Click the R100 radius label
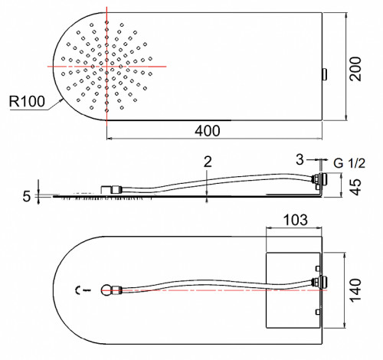click(27, 101)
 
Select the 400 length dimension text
click(208, 131)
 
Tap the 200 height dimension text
click(355, 69)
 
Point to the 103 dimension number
click(296, 220)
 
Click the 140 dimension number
click(355, 290)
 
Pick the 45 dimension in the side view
click(355, 187)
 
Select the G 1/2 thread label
click(349, 163)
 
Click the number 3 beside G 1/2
click(300, 159)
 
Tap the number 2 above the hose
click(208, 162)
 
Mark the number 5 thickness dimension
click(27, 196)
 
